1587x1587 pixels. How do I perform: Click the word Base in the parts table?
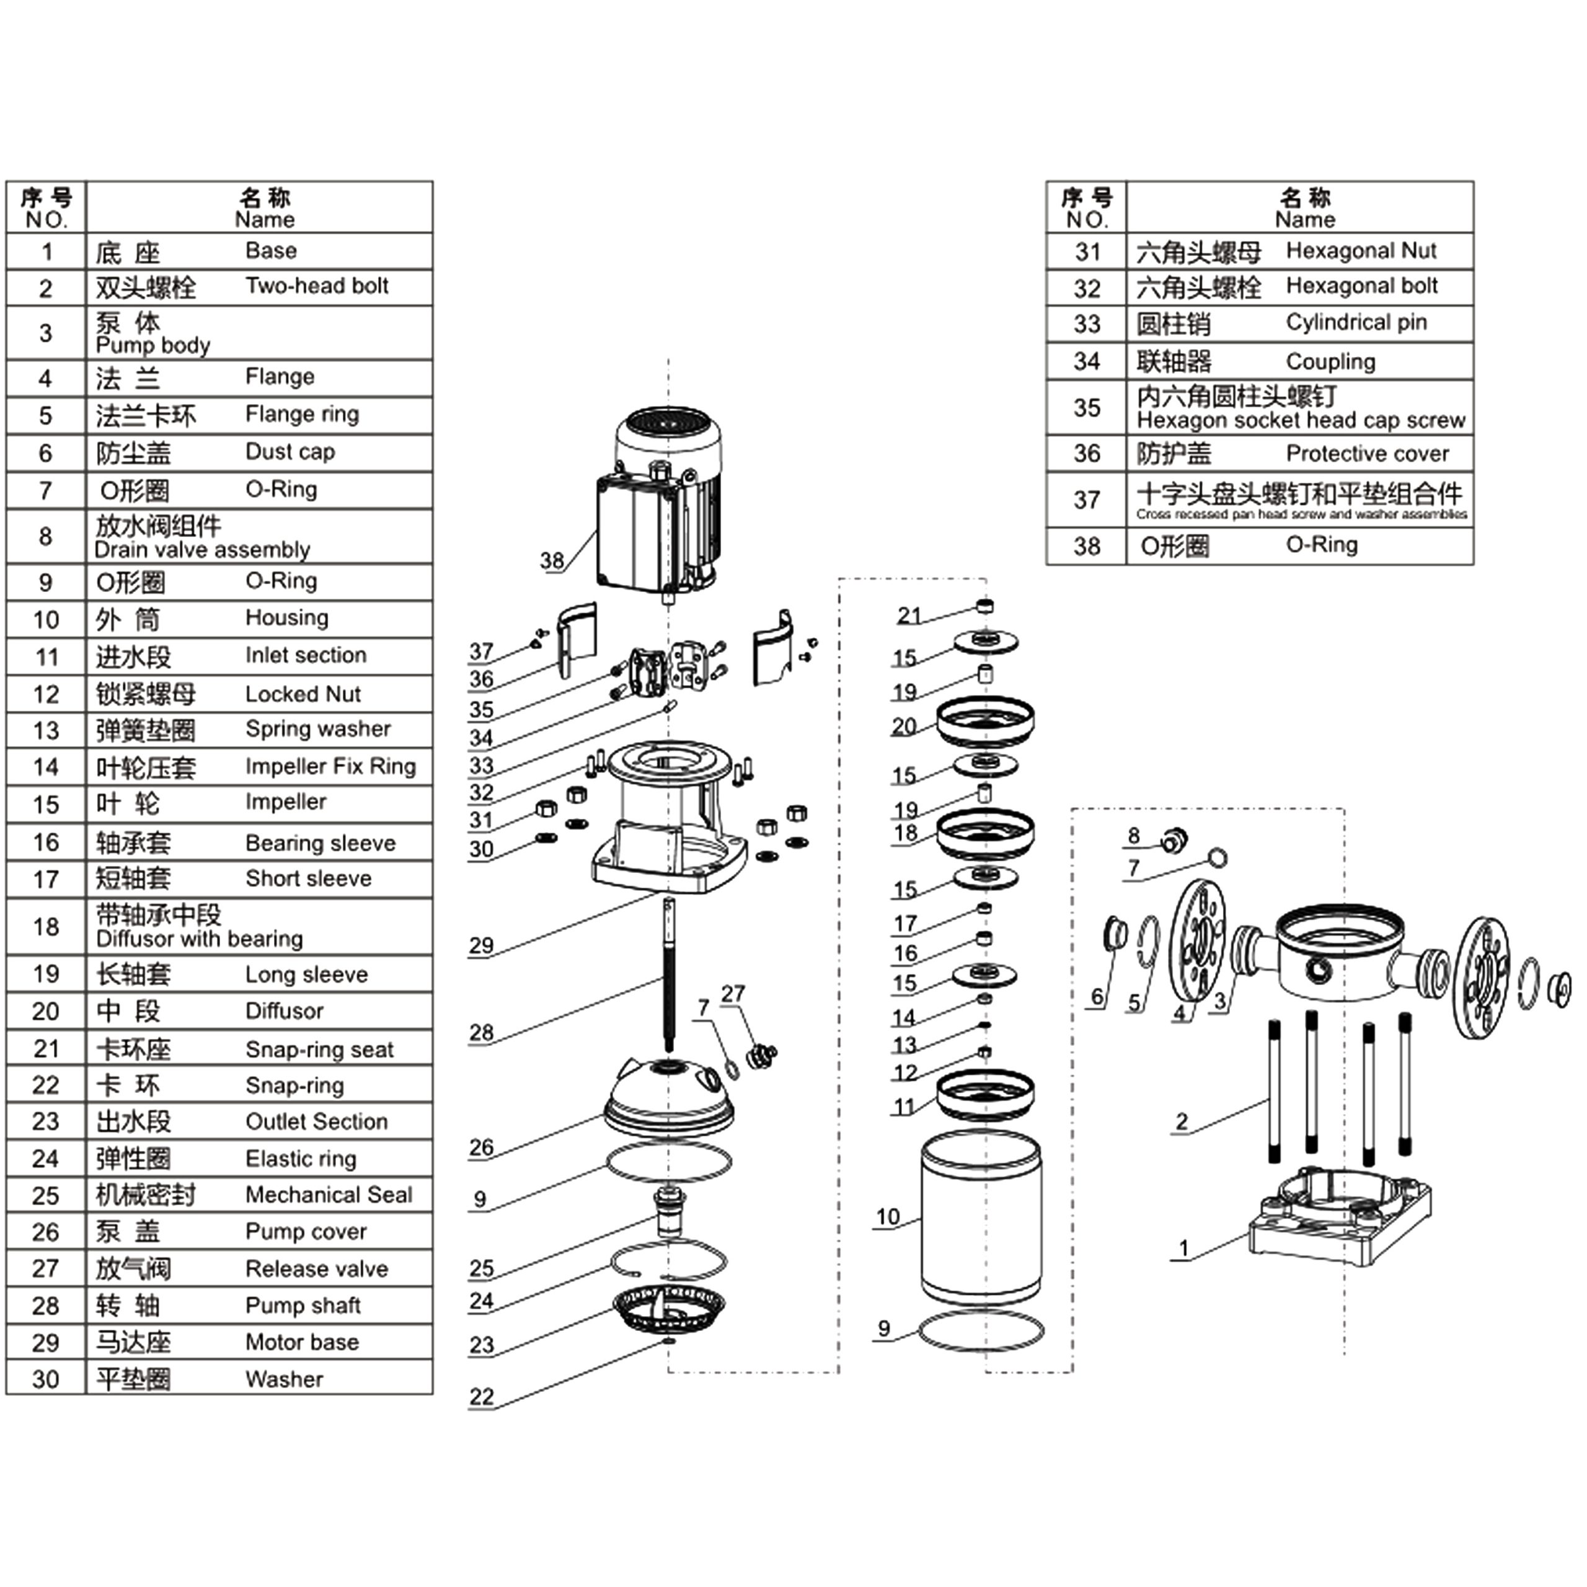271,250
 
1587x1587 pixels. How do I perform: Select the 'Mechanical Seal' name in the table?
329,1195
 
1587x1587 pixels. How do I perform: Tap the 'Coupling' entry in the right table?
1330,361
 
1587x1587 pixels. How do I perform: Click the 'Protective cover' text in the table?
1367,453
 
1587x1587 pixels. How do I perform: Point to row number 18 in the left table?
46,927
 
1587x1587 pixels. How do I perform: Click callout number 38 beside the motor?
552,560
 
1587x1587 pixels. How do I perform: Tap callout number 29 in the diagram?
481,945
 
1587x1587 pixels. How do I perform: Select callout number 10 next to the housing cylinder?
888,1216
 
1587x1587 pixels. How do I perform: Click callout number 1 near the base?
1183,1249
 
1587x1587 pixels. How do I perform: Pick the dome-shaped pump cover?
668,1092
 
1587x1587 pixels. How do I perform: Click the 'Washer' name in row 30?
284,1379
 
